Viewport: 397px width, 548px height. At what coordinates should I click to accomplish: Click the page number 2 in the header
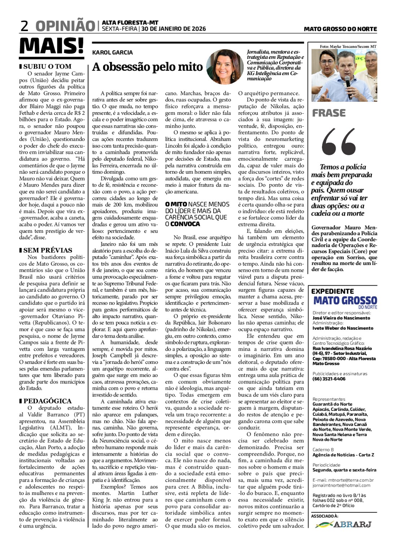click(x=25, y=26)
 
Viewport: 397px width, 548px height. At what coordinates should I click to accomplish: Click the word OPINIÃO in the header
click(x=65, y=26)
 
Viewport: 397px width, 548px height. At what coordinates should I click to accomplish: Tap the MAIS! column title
click(x=51, y=46)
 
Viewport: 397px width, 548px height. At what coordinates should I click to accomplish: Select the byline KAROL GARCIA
click(x=113, y=53)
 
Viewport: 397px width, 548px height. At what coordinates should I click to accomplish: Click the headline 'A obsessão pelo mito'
click(x=147, y=67)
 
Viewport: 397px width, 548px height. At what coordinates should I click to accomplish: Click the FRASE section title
click(x=329, y=113)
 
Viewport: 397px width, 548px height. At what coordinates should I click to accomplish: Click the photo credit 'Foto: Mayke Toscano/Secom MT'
click(x=348, y=47)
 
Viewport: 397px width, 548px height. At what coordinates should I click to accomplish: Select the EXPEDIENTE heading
click(x=332, y=291)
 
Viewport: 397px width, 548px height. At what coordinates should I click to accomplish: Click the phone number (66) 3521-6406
click(x=329, y=379)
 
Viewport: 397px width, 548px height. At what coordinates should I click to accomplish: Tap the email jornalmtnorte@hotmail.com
click(x=341, y=485)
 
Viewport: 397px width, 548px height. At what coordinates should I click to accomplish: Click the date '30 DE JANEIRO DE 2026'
click(x=174, y=29)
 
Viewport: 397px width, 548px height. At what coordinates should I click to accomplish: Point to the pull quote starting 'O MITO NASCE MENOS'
click(x=197, y=214)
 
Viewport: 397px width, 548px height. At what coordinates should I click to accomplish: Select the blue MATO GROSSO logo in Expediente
click(x=345, y=301)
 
